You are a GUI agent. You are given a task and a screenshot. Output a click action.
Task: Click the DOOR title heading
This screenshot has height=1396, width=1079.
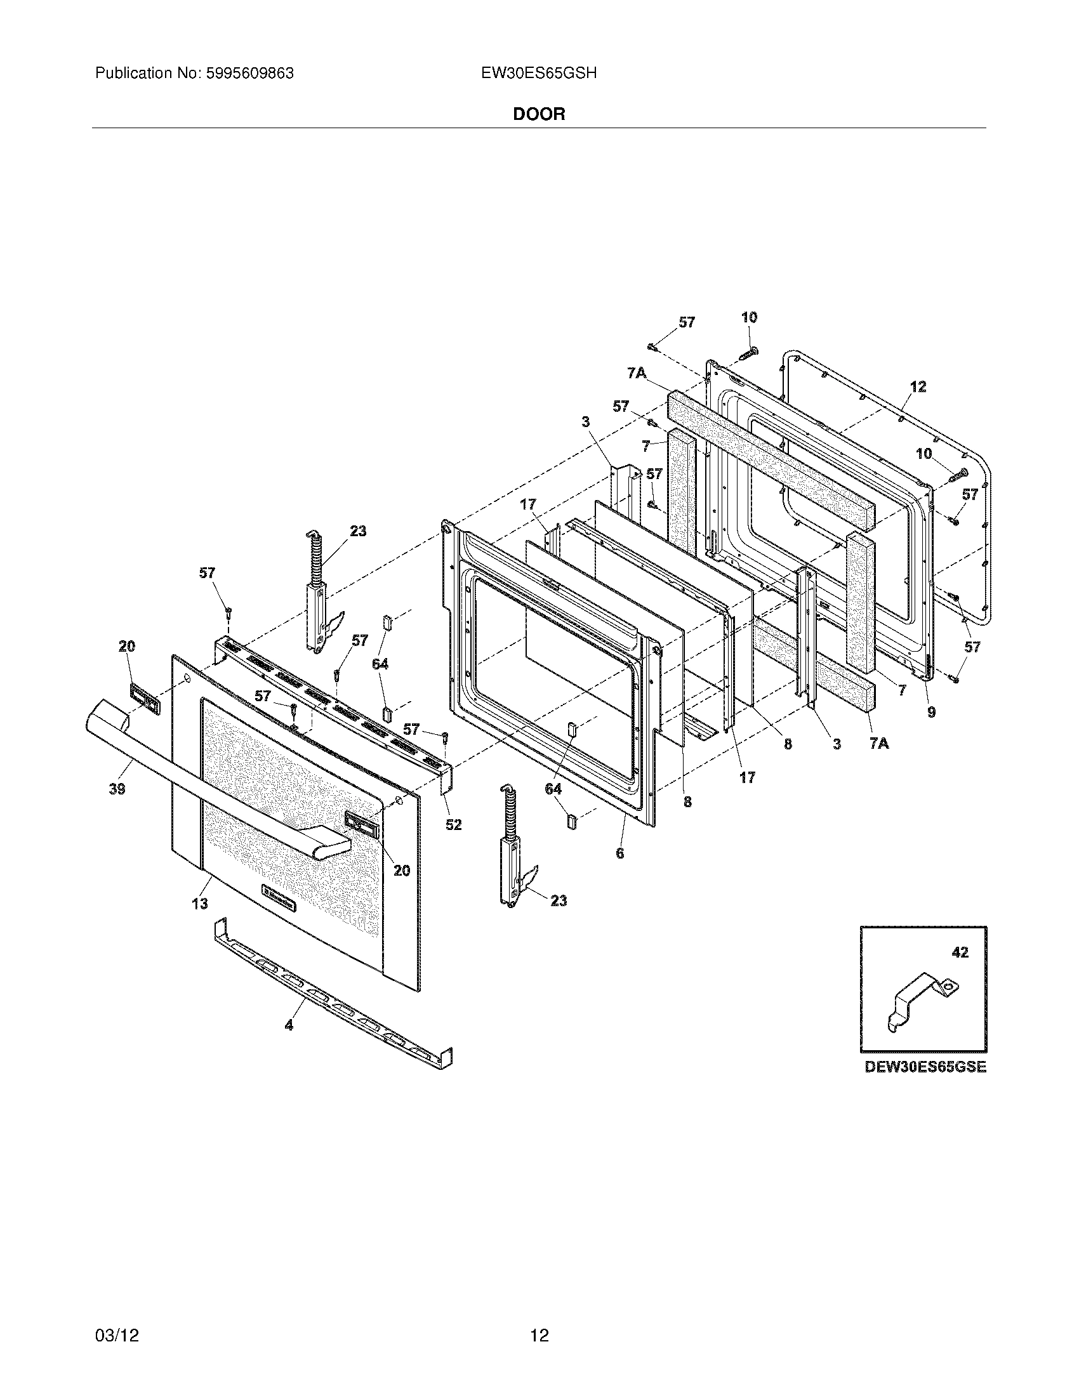(x=539, y=114)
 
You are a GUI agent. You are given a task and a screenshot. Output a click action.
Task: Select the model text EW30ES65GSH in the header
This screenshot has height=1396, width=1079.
(x=539, y=74)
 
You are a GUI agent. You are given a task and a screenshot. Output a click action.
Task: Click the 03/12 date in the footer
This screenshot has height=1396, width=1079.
(x=116, y=1317)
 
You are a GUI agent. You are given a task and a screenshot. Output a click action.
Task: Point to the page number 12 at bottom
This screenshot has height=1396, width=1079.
(x=539, y=1317)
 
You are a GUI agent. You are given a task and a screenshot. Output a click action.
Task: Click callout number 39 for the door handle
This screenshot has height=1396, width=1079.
(x=117, y=789)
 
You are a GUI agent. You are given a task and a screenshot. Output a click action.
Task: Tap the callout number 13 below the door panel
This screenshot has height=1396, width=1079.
(x=200, y=903)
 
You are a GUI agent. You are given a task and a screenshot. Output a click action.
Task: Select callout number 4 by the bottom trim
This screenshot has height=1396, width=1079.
(x=289, y=1025)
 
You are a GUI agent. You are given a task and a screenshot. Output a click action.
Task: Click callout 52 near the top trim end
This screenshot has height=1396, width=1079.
(x=453, y=825)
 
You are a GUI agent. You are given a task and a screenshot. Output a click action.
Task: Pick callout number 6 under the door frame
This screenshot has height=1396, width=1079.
(x=619, y=853)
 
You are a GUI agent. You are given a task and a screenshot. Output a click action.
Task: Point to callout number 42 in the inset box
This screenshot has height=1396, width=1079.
(x=960, y=970)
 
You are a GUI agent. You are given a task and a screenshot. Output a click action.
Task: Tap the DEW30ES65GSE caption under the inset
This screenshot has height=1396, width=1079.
(x=925, y=1067)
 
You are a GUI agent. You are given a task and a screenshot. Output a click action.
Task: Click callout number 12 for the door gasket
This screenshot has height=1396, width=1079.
(x=918, y=386)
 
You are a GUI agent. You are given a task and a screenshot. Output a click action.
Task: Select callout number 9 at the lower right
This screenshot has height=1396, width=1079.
(x=931, y=713)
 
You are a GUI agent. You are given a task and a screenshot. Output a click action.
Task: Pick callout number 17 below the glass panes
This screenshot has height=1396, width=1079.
(x=746, y=777)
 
